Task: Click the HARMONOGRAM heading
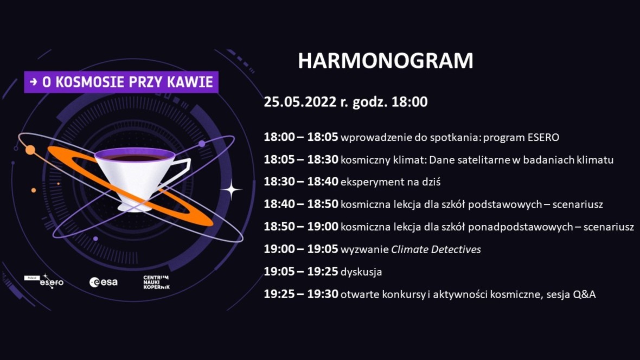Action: coord(385,61)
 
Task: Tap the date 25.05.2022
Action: coord(300,101)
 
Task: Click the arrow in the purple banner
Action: coord(34,82)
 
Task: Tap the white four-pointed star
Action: coord(232,190)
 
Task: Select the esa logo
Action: coord(104,282)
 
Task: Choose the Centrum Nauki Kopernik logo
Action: coord(156,282)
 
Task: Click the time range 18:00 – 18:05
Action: coord(301,137)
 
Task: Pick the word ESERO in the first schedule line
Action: coord(543,137)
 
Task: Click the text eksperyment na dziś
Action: coord(391,182)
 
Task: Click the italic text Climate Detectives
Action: coord(436,249)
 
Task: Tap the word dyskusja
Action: coord(361,272)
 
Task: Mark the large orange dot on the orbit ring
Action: coord(30,150)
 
